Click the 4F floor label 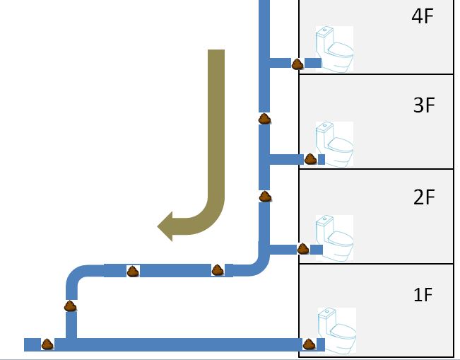(423, 16)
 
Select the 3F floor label (424, 105)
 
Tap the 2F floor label (424, 197)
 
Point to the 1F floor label (423, 294)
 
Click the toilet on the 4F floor (334, 49)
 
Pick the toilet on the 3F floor (334, 144)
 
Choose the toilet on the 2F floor (334, 238)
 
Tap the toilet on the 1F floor (337, 330)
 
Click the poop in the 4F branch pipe (297, 64)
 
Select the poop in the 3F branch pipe (310, 159)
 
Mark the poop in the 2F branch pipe (303, 249)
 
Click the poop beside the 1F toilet (309, 344)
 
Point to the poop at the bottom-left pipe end (47, 344)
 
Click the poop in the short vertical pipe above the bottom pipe (70, 306)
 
